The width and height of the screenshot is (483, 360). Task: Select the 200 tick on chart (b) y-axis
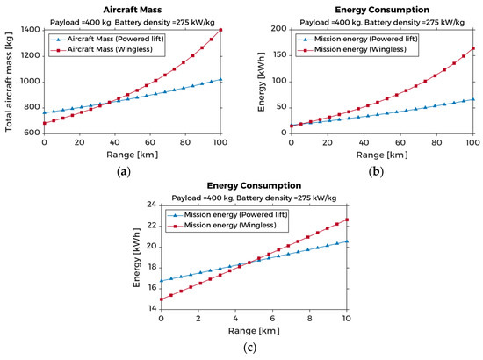(278, 30)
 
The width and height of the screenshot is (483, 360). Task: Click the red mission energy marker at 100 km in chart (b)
(472, 48)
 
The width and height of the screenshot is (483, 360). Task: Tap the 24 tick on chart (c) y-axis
(152, 205)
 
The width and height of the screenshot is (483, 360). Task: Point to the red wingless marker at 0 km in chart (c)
(161, 299)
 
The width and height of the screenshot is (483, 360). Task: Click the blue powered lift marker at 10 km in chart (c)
(347, 241)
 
